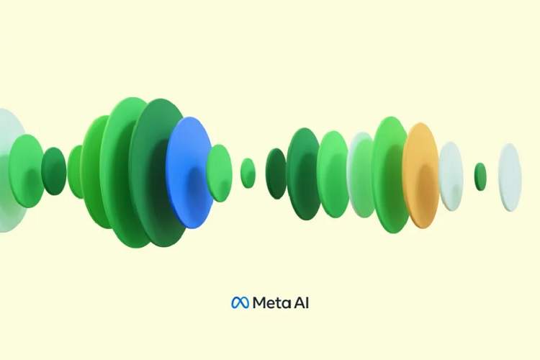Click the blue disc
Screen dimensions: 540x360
click(189, 172)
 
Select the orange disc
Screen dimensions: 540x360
click(420, 175)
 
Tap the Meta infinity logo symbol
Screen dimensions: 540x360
click(240, 303)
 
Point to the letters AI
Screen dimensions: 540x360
click(302, 303)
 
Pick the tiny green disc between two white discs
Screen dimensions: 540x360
click(480, 176)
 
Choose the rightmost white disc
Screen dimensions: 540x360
click(510, 177)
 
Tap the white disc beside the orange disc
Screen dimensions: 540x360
click(451, 176)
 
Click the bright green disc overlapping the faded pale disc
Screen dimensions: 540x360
click(25, 171)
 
